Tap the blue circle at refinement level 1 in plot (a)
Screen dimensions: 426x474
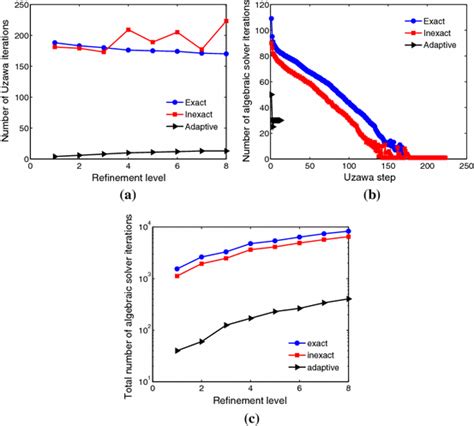coord(54,43)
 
